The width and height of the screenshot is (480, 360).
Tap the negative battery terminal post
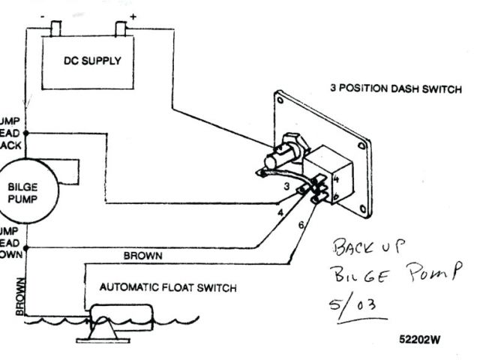(56, 29)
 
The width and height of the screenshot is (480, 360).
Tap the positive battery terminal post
(122, 29)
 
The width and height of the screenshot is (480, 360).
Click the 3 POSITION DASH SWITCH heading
(395, 88)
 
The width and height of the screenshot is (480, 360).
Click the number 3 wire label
(287, 184)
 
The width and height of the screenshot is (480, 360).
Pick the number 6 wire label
(301, 225)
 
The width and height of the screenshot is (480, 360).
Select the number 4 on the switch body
(336, 179)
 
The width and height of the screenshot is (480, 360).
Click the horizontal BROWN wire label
(142, 256)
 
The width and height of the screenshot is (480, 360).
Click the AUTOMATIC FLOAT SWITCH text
(168, 287)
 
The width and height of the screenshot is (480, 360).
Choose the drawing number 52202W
(420, 338)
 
